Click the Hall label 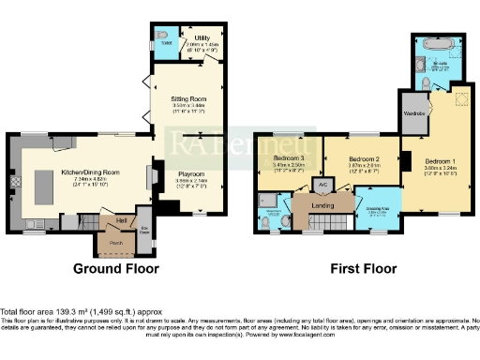[x=122, y=219]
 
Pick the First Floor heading [x=362, y=269]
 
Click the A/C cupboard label [x=323, y=185]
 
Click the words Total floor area [x=25, y=310]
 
